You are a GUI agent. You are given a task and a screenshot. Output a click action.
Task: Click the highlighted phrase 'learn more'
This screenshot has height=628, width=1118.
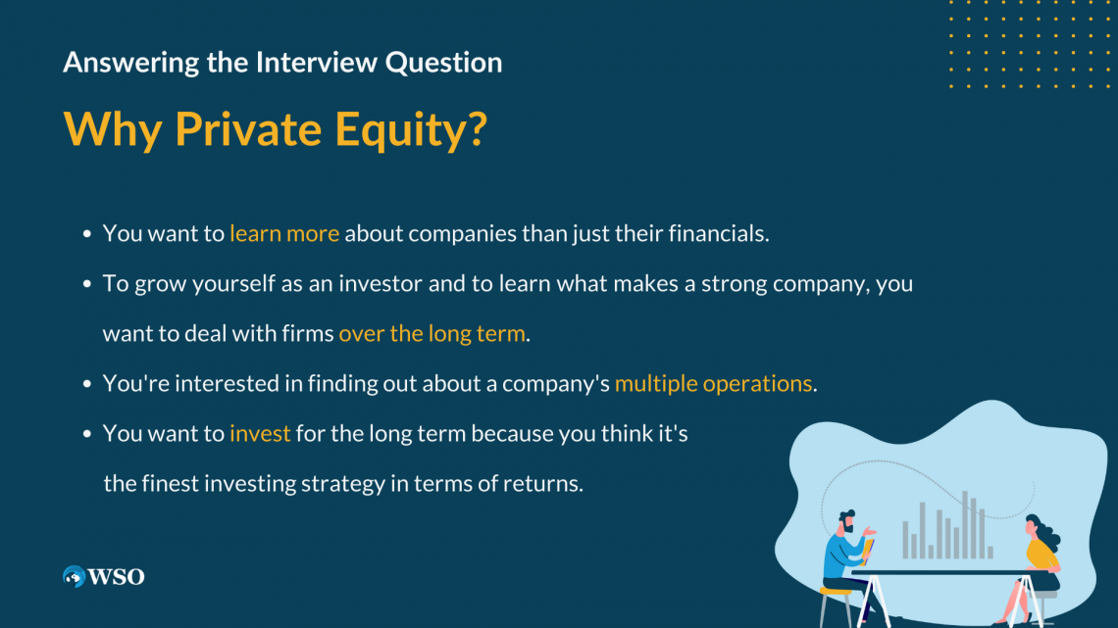pyautogui.click(x=284, y=234)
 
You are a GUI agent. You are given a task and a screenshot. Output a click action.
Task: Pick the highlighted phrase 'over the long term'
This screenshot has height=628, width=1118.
pyautogui.click(x=432, y=333)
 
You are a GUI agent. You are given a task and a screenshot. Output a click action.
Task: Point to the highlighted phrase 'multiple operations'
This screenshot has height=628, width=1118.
pyautogui.click(x=713, y=383)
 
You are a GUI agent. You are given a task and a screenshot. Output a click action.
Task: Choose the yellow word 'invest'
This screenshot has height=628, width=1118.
pyautogui.click(x=260, y=433)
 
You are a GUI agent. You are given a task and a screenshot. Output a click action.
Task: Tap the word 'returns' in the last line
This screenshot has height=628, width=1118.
pyautogui.click(x=543, y=483)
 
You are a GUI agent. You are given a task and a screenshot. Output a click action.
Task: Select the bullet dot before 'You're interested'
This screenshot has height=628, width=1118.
pyautogui.click(x=88, y=384)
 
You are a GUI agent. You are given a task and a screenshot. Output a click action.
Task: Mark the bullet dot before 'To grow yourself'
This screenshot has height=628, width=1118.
pyautogui.click(x=88, y=284)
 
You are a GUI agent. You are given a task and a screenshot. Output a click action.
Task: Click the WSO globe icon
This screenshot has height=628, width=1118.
pyautogui.click(x=74, y=577)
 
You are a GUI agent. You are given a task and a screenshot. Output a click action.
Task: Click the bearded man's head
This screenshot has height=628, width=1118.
pyautogui.click(x=846, y=521)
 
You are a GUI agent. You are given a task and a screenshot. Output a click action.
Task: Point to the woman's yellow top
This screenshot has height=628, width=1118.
pyautogui.click(x=1042, y=556)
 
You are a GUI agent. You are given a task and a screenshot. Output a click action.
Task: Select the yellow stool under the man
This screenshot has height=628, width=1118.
pyautogui.click(x=836, y=592)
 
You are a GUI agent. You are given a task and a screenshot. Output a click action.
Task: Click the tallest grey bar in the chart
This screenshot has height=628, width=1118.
pyautogui.click(x=965, y=524)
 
